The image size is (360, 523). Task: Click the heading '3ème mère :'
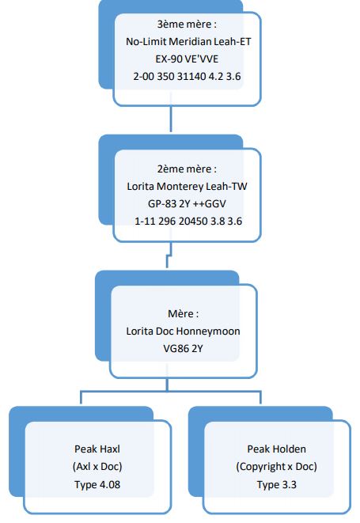tap(187, 25)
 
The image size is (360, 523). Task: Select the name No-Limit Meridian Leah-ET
tap(188, 42)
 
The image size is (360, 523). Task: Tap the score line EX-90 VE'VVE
tap(187, 59)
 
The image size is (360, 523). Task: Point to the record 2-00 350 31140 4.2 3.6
tap(187, 77)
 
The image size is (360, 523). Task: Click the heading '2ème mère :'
tap(187, 169)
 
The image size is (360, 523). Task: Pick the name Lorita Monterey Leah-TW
tap(187, 187)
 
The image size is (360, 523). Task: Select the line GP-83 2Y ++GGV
tap(187, 204)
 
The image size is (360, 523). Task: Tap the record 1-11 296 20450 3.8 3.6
tap(188, 221)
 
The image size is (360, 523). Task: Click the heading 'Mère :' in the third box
tap(184, 314)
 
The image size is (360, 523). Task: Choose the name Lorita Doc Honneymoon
tap(184, 332)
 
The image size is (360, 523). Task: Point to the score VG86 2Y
tap(183, 349)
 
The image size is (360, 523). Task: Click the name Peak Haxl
tap(97, 449)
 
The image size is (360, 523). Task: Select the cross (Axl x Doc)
tap(97, 466)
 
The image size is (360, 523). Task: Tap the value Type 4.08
tap(97, 484)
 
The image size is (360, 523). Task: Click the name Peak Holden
tap(276, 449)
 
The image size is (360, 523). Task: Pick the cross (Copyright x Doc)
tap(276, 466)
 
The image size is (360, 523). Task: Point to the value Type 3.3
tap(276, 484)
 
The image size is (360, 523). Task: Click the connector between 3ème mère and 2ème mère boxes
tap(171, 119)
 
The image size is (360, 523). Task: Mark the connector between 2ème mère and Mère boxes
tap(169, 254)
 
